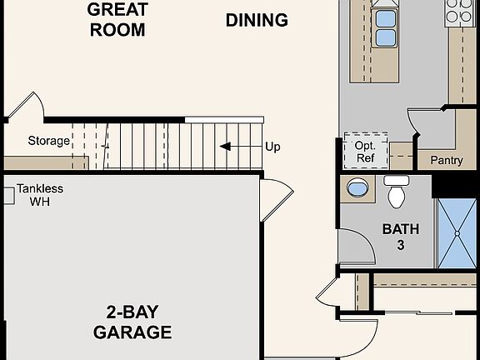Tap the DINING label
pyautogui.click(x=257, y=20)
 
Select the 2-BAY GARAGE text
pyautogui.click(x=138, y=322)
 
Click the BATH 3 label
pyautogui.click(x=401, y=237)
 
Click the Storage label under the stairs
pyautogui.click(x=48, y=141)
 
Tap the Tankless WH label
pyautogui.click(x=40, y=195)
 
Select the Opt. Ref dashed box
pyautogui.click(x=366, y=151)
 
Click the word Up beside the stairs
pyautogui.click(x=272, y=147)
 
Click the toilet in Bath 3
pyautogui.click(x=397, y=192)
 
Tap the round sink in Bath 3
pyautogui.click(x=357, y=187)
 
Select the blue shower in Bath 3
pyautogui.click(x=457, y=233)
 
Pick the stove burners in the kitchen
pyautogui.click(x=458, y=11)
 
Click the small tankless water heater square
pyautogui.click(x=7, y=195)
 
